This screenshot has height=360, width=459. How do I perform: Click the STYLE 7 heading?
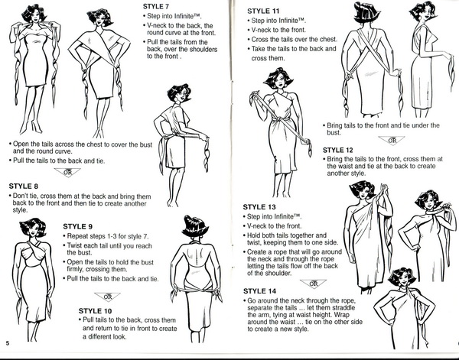click(156, 6)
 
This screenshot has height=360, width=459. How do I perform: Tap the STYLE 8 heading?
click(24, 186)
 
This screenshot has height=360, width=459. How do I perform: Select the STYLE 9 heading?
click(78, 227)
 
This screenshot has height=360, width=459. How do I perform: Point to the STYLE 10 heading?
click(95, 310)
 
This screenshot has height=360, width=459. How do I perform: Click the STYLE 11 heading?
click(263, 11)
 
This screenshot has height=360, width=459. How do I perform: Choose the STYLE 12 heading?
click(338, 151)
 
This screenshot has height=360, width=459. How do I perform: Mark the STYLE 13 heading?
click(259, 207)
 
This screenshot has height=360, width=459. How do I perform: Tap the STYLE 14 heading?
click(259, 291)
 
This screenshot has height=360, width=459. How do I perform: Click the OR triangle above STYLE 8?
click(67, 172)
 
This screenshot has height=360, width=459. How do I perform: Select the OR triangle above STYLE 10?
click(107, 297)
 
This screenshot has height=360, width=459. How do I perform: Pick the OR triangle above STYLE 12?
click(392, 141)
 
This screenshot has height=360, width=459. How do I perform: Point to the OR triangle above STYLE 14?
click(313, 284)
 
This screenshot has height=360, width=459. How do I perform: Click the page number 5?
click(8, 343)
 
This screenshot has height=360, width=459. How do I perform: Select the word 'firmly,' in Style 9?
click(76, 269)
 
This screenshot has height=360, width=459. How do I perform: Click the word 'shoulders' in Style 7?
click(203, 49)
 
